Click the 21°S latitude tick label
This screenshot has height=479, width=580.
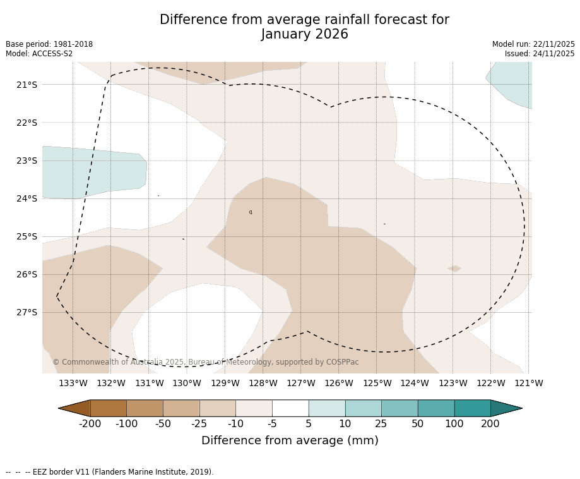tap(27, 85)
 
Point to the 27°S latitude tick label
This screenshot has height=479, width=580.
tap(27, 312)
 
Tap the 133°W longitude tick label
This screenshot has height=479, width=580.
tap(73, 383)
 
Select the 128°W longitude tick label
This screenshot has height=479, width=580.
tap(263, 383)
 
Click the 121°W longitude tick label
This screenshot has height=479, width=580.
tap(529, 383)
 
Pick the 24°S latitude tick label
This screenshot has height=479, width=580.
tap(27, 198)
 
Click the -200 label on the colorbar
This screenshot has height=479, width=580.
tap(90, 424)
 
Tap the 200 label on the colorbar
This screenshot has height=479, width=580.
tap(490, 424)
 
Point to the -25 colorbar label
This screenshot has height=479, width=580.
tap(199, 424)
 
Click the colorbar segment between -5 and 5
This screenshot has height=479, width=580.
tap(290, 408)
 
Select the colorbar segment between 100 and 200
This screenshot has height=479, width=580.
tap(472, 408)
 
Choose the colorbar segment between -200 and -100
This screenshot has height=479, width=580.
tap(109, 408)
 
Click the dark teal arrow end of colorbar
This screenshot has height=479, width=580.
tap(506, 408)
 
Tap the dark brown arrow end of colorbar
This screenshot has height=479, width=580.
tap(75, 408)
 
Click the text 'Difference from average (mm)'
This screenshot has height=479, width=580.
tap(290, 441)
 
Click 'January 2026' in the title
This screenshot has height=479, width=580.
tap(304, 35)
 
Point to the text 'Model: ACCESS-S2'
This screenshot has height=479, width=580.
tap(39, 54)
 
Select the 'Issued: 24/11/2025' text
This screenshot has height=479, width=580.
tap(540, 54)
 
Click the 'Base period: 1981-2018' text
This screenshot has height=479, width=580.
tap(49, 44)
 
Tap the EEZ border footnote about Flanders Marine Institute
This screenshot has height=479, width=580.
tap(110, 472)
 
